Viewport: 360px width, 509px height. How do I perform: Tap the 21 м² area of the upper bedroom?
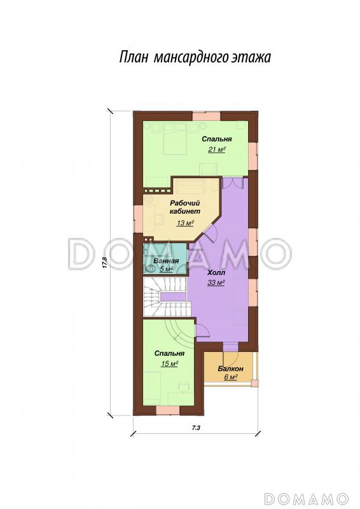tap(217, 150)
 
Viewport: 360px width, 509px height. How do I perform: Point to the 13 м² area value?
tap(184, 223)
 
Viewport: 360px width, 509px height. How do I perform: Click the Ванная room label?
tap(166, 261)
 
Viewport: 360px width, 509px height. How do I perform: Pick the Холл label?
tap(216, 273)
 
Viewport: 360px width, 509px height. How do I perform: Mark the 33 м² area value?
tap(216, 282)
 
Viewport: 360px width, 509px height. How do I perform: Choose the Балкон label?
tap(230, 369)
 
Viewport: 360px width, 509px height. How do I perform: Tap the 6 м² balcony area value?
tap(231, 377)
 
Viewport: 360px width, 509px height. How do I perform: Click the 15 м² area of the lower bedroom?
tap(169, 363)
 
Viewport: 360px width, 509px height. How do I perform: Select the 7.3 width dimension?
tap(195, 428)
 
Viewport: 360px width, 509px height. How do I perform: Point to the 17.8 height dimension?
tap(104, 263)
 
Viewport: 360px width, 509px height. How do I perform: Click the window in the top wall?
tap(207, 116)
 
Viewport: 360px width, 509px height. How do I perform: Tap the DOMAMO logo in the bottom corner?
tap(306, 498)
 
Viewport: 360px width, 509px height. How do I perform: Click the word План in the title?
tap(134, 58)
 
